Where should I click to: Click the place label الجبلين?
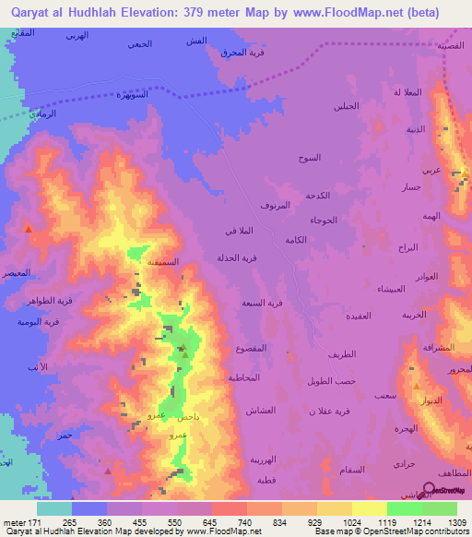[346, 106]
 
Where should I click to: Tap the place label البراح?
[407, 249]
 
